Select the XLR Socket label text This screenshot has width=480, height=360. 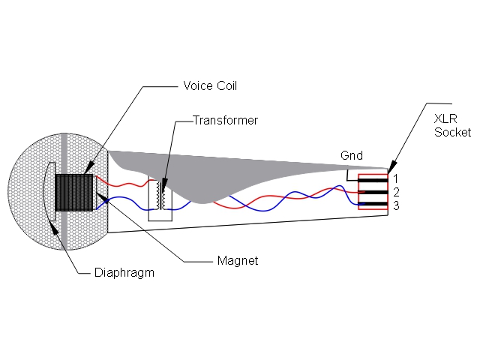(x=452, y=125)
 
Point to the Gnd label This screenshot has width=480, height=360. (x=351, y=156)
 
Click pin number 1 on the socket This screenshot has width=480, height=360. (x=395, y=178)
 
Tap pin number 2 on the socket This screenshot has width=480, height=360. (x=395, y=192)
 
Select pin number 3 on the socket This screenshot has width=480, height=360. (x=395, y=205)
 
